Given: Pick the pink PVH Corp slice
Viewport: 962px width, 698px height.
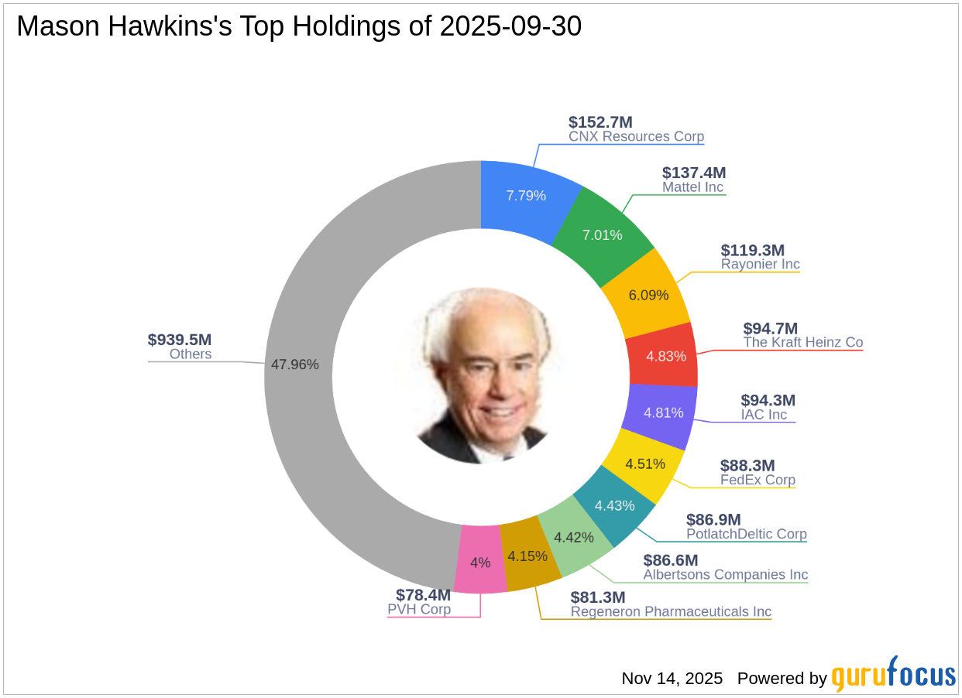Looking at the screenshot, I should point(481,563).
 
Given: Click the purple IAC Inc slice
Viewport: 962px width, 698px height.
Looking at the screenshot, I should point(664,412).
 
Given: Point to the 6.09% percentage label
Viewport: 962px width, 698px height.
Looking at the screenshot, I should point(648,296).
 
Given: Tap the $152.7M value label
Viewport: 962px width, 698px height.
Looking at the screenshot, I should point(600,122).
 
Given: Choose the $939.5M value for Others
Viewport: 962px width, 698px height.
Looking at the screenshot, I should point(180,340).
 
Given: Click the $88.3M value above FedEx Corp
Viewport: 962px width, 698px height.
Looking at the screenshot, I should point(747,465).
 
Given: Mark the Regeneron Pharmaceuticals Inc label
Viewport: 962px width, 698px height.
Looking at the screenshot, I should point(671,612).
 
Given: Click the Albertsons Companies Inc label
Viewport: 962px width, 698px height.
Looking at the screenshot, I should point(726,575).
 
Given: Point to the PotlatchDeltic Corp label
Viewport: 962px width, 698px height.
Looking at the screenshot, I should point(747,534).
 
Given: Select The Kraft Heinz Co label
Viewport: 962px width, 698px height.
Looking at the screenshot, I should point(803,342).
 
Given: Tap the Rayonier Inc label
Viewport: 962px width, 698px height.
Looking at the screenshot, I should point(761,264).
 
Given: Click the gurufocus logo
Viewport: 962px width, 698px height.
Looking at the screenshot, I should point(894,676).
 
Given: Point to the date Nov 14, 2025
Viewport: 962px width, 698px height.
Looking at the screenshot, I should point(672,679).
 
